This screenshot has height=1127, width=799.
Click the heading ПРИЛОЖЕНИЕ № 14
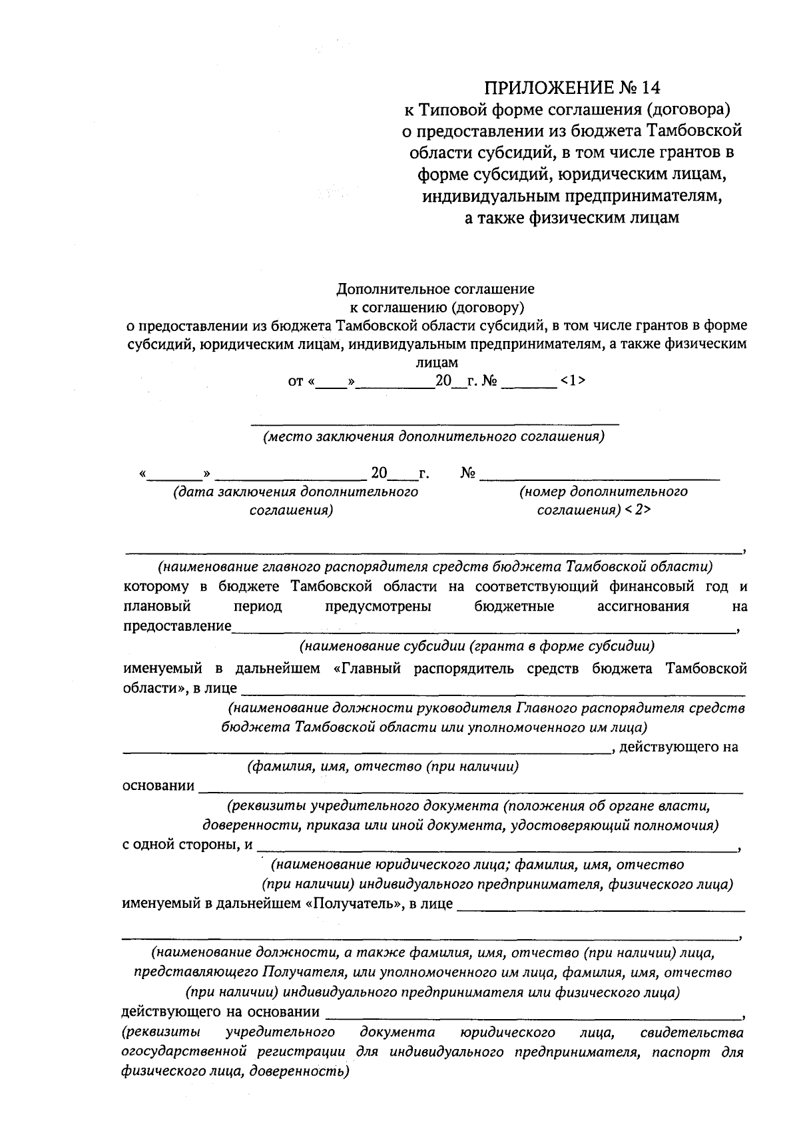click(573, 88)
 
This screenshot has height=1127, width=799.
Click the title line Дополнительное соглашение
click(435, 289)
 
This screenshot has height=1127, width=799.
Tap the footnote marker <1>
click(573, 381)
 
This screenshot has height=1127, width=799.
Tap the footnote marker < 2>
click(637, 510)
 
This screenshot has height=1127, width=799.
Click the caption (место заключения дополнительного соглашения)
click(433, 437)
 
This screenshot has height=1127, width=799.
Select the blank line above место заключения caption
click(435, 423)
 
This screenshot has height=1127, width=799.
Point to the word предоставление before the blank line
click(177, 626)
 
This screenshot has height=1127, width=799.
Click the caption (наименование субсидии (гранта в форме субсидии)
click(477, 646)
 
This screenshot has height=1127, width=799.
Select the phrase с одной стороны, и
click(188, 845)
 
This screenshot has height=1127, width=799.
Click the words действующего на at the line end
click(678, 747)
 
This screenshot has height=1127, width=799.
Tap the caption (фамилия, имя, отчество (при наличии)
click(382, 766)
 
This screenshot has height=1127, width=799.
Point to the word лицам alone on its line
click(437, 363)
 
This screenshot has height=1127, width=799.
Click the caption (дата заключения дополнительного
click(296, 492)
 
